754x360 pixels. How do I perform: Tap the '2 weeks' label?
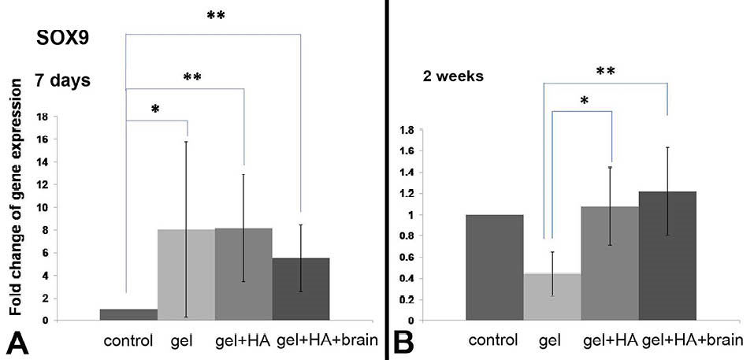(x=451, y=77)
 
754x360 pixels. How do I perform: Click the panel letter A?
(x=16, y=342)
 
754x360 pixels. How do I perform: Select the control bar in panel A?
(x=128, y=314)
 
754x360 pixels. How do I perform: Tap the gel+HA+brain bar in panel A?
(x=301, y=288)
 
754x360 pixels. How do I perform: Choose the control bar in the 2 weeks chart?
(x=495, y=267)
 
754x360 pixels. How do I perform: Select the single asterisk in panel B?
(x=583, y=101)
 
